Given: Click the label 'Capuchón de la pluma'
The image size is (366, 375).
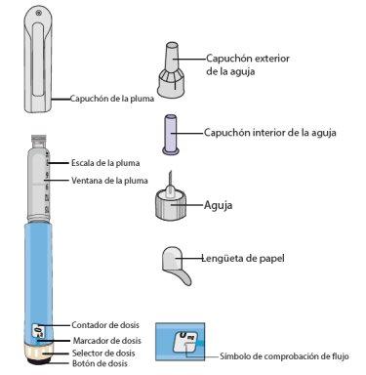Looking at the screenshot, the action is coord(112,99).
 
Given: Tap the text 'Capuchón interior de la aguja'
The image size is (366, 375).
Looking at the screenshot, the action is coord(270,133).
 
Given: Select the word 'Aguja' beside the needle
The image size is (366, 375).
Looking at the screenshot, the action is coord(218,205).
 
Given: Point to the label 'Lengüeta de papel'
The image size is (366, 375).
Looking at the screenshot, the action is coord(243,259).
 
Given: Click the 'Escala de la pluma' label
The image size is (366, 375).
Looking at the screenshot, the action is coord(105,163).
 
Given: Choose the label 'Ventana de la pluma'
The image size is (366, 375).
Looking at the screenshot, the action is coord(109,181).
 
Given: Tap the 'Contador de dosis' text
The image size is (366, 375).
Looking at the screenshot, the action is coord(105,325).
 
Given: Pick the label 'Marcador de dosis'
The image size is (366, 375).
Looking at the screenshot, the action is coord(107,341).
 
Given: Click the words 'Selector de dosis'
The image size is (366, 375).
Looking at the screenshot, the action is coord(103,354).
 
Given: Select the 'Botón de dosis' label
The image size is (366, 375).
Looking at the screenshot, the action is coord(100,363).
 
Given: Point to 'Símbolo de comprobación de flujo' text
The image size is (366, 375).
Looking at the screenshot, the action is coord(284,356).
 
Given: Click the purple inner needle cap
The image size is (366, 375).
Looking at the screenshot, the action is coord(171,135).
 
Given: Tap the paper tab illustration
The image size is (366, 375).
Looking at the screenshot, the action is coord(176,265).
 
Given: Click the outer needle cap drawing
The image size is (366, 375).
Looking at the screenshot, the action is coord(172,69).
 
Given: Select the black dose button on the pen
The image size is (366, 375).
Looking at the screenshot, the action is coord(39,360).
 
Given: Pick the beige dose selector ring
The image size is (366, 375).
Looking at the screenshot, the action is coord(39,352).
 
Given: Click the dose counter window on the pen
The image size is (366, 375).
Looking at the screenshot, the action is coord(39,331).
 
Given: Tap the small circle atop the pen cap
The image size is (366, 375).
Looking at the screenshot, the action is coord(39,13).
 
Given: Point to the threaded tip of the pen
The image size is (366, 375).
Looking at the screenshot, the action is coord(39,141).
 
